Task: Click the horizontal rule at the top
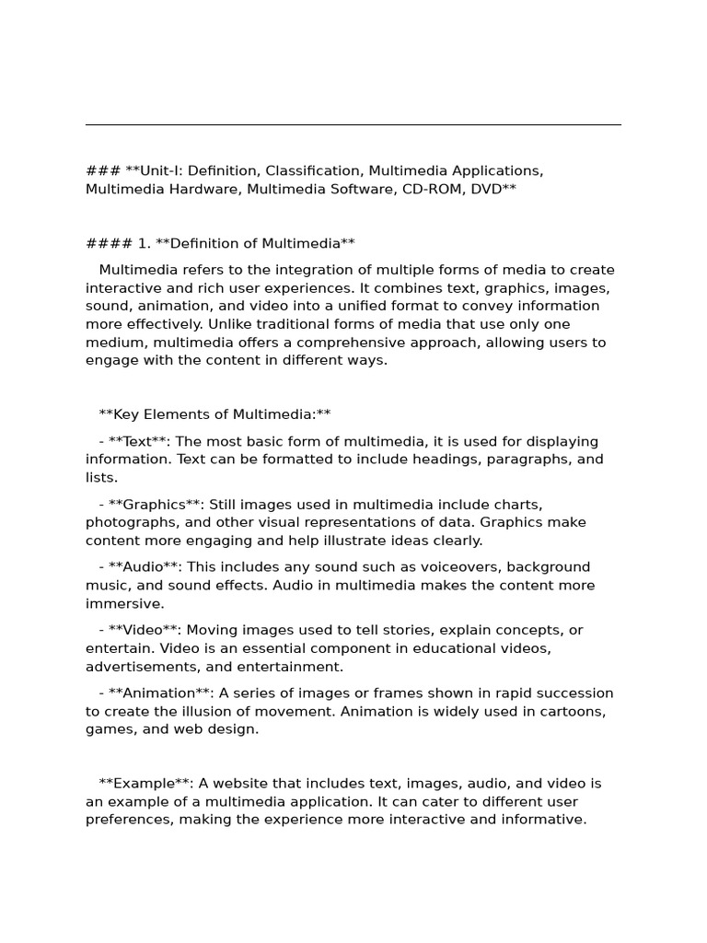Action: (x=353, y=124)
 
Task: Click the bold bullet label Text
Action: (x=142, y=441)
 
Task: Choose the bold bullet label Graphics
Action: (x=154, y=504)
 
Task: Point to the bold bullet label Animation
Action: (x=159, y=693)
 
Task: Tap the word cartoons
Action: (x=573, y=711)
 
